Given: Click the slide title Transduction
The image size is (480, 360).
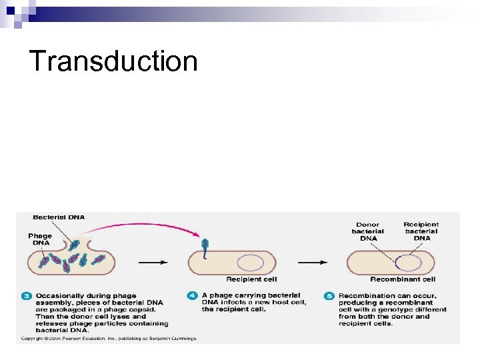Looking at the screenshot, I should click(x=114, y=61).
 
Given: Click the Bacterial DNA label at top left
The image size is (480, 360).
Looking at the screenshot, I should click(x=59, y=217).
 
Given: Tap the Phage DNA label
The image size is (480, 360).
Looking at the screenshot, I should click(x=39, y=239).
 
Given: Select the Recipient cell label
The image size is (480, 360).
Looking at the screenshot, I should click(x=251, y=279).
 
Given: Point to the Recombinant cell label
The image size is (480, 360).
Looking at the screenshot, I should click(x=403, y=279).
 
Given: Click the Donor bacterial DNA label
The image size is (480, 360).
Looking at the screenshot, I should click(x=368, y=231).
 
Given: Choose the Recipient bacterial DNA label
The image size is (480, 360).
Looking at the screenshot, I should click(x=421, y=231).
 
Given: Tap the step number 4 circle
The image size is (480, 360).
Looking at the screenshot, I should click(x=193, y=295).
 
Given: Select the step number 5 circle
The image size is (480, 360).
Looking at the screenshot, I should click(x=330, y=295).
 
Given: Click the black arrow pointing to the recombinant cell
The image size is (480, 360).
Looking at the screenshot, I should click(x=318, y=262).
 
